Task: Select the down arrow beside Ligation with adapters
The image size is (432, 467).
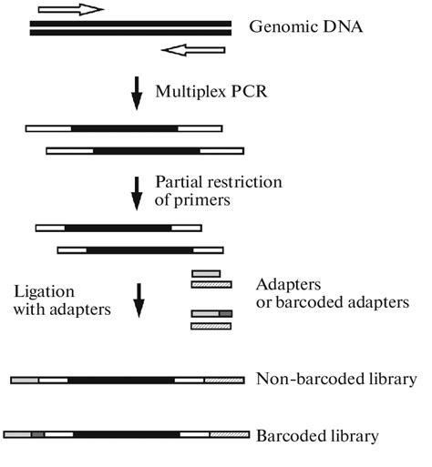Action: pos(139,300)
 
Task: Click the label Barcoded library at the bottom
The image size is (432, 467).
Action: pos(317,435)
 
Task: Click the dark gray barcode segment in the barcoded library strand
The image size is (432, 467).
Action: pos(37,435)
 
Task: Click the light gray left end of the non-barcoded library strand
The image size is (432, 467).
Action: pos(25,378)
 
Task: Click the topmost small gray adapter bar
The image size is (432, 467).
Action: pos(205,273)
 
